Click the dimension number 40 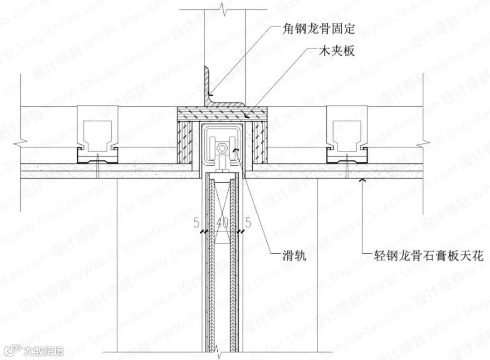pyautogui.click(x=222, y=223)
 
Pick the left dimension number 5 pyautogui.click(x=196, y=223)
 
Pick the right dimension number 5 pyautogui.click(x=248, y=223)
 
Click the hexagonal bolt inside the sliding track pyautogui.click(x=222, y=148)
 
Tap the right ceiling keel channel pyautogui.click(x=347, y=136)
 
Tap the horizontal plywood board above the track pyautogui.click(x=222, y=112)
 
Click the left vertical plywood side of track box pyautogui.click(x=184, y=141)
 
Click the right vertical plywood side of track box pyautogui.click(x=260, y=141)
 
